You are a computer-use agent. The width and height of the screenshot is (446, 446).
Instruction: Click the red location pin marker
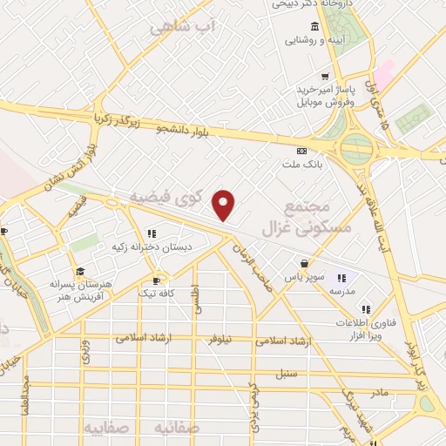point(225,204)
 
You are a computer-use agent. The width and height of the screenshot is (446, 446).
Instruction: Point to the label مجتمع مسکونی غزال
point(318,215)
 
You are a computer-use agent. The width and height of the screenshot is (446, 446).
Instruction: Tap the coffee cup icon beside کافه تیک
point(157,280)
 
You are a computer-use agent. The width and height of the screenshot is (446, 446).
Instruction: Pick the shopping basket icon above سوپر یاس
point(303,263)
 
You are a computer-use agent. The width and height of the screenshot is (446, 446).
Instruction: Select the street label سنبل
point(287,375)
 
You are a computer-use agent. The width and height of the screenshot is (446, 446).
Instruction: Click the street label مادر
point(379,393)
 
